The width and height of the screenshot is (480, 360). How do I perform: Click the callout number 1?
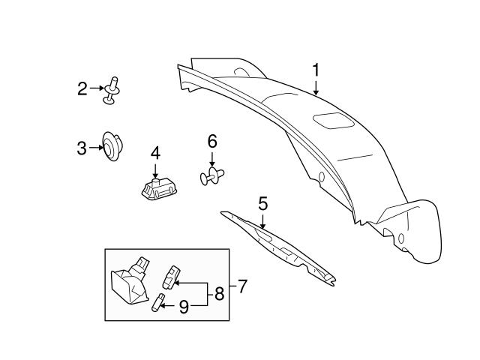pos(316,70)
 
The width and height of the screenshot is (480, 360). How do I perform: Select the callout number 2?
pos(82,89)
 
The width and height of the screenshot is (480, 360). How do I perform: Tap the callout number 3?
pos(82,148)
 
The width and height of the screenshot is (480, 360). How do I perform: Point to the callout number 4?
pos(155,153)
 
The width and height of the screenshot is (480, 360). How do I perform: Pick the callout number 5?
pos(262,202)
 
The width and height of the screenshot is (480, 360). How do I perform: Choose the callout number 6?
pos(211,140)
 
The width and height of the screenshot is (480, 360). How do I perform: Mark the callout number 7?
pos(241,286)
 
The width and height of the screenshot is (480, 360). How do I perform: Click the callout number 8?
pos(219,294)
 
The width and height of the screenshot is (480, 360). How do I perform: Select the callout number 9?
pos(182,306)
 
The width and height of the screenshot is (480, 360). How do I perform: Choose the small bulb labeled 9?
pos(159,305)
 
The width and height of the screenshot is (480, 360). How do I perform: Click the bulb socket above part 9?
pos(172,277)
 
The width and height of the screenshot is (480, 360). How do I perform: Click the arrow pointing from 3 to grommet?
pos(95,148)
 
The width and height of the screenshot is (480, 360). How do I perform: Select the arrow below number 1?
pos(316,88)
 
